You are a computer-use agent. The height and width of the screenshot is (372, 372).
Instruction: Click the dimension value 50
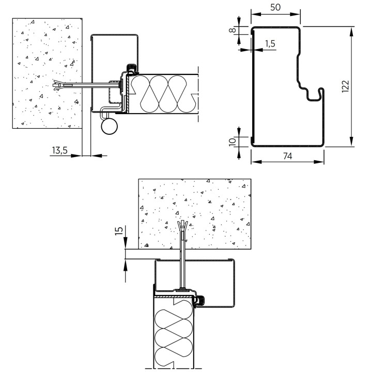pyautogui.click(x=275, y=7)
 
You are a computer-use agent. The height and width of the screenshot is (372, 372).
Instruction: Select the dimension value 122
pyautogui.click(x=346, y=86)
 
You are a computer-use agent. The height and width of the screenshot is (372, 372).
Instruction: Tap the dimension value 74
pyautogui.click(x=288, y=156)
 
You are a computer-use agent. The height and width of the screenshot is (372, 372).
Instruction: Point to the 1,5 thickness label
pyautogui.click(x=270, y=43)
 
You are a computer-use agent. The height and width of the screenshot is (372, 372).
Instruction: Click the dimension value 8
pyautogui.click(x=233, y=30)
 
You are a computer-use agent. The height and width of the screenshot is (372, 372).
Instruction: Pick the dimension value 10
pyautogui.click(x=233, y=142)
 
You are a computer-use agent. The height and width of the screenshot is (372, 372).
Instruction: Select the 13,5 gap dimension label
pyautogui.click(x=60, y=150)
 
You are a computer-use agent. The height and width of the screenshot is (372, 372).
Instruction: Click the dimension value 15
pyautogui.click(x=119, y=230)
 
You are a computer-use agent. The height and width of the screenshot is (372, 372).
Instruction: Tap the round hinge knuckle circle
pyautogui.click(x=109, y=127)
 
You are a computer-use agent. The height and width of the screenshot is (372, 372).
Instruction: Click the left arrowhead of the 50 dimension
pyautogui.click(x=256, y=14)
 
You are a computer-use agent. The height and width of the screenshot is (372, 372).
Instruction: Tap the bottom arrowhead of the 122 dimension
pyautogui.click(x=352, y=142)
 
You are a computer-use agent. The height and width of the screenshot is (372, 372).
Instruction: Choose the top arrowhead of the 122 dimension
pyautogui.click(x=352, y=32)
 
